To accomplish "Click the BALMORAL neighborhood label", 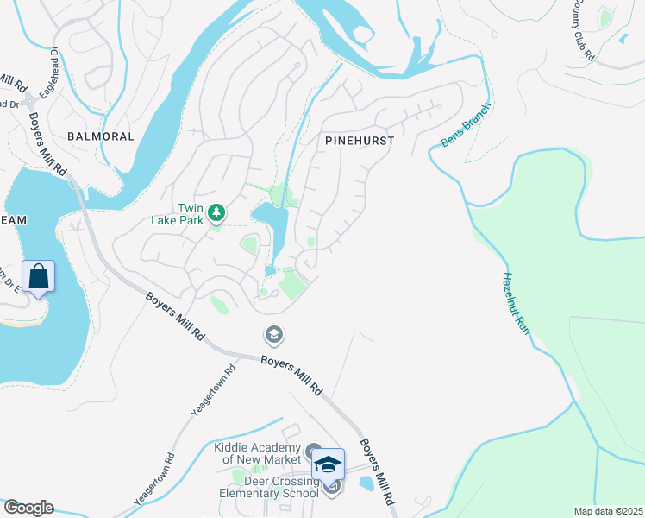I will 102,136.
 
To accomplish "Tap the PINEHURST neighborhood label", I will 360,140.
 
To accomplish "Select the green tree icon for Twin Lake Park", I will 216,212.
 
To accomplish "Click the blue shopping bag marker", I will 38,278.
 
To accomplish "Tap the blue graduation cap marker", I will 328,465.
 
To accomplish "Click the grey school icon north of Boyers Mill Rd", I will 273,334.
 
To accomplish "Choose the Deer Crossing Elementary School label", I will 263,489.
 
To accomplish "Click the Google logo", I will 28,508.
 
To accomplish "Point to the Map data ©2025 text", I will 608,511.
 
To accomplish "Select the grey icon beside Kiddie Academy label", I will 313,451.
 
